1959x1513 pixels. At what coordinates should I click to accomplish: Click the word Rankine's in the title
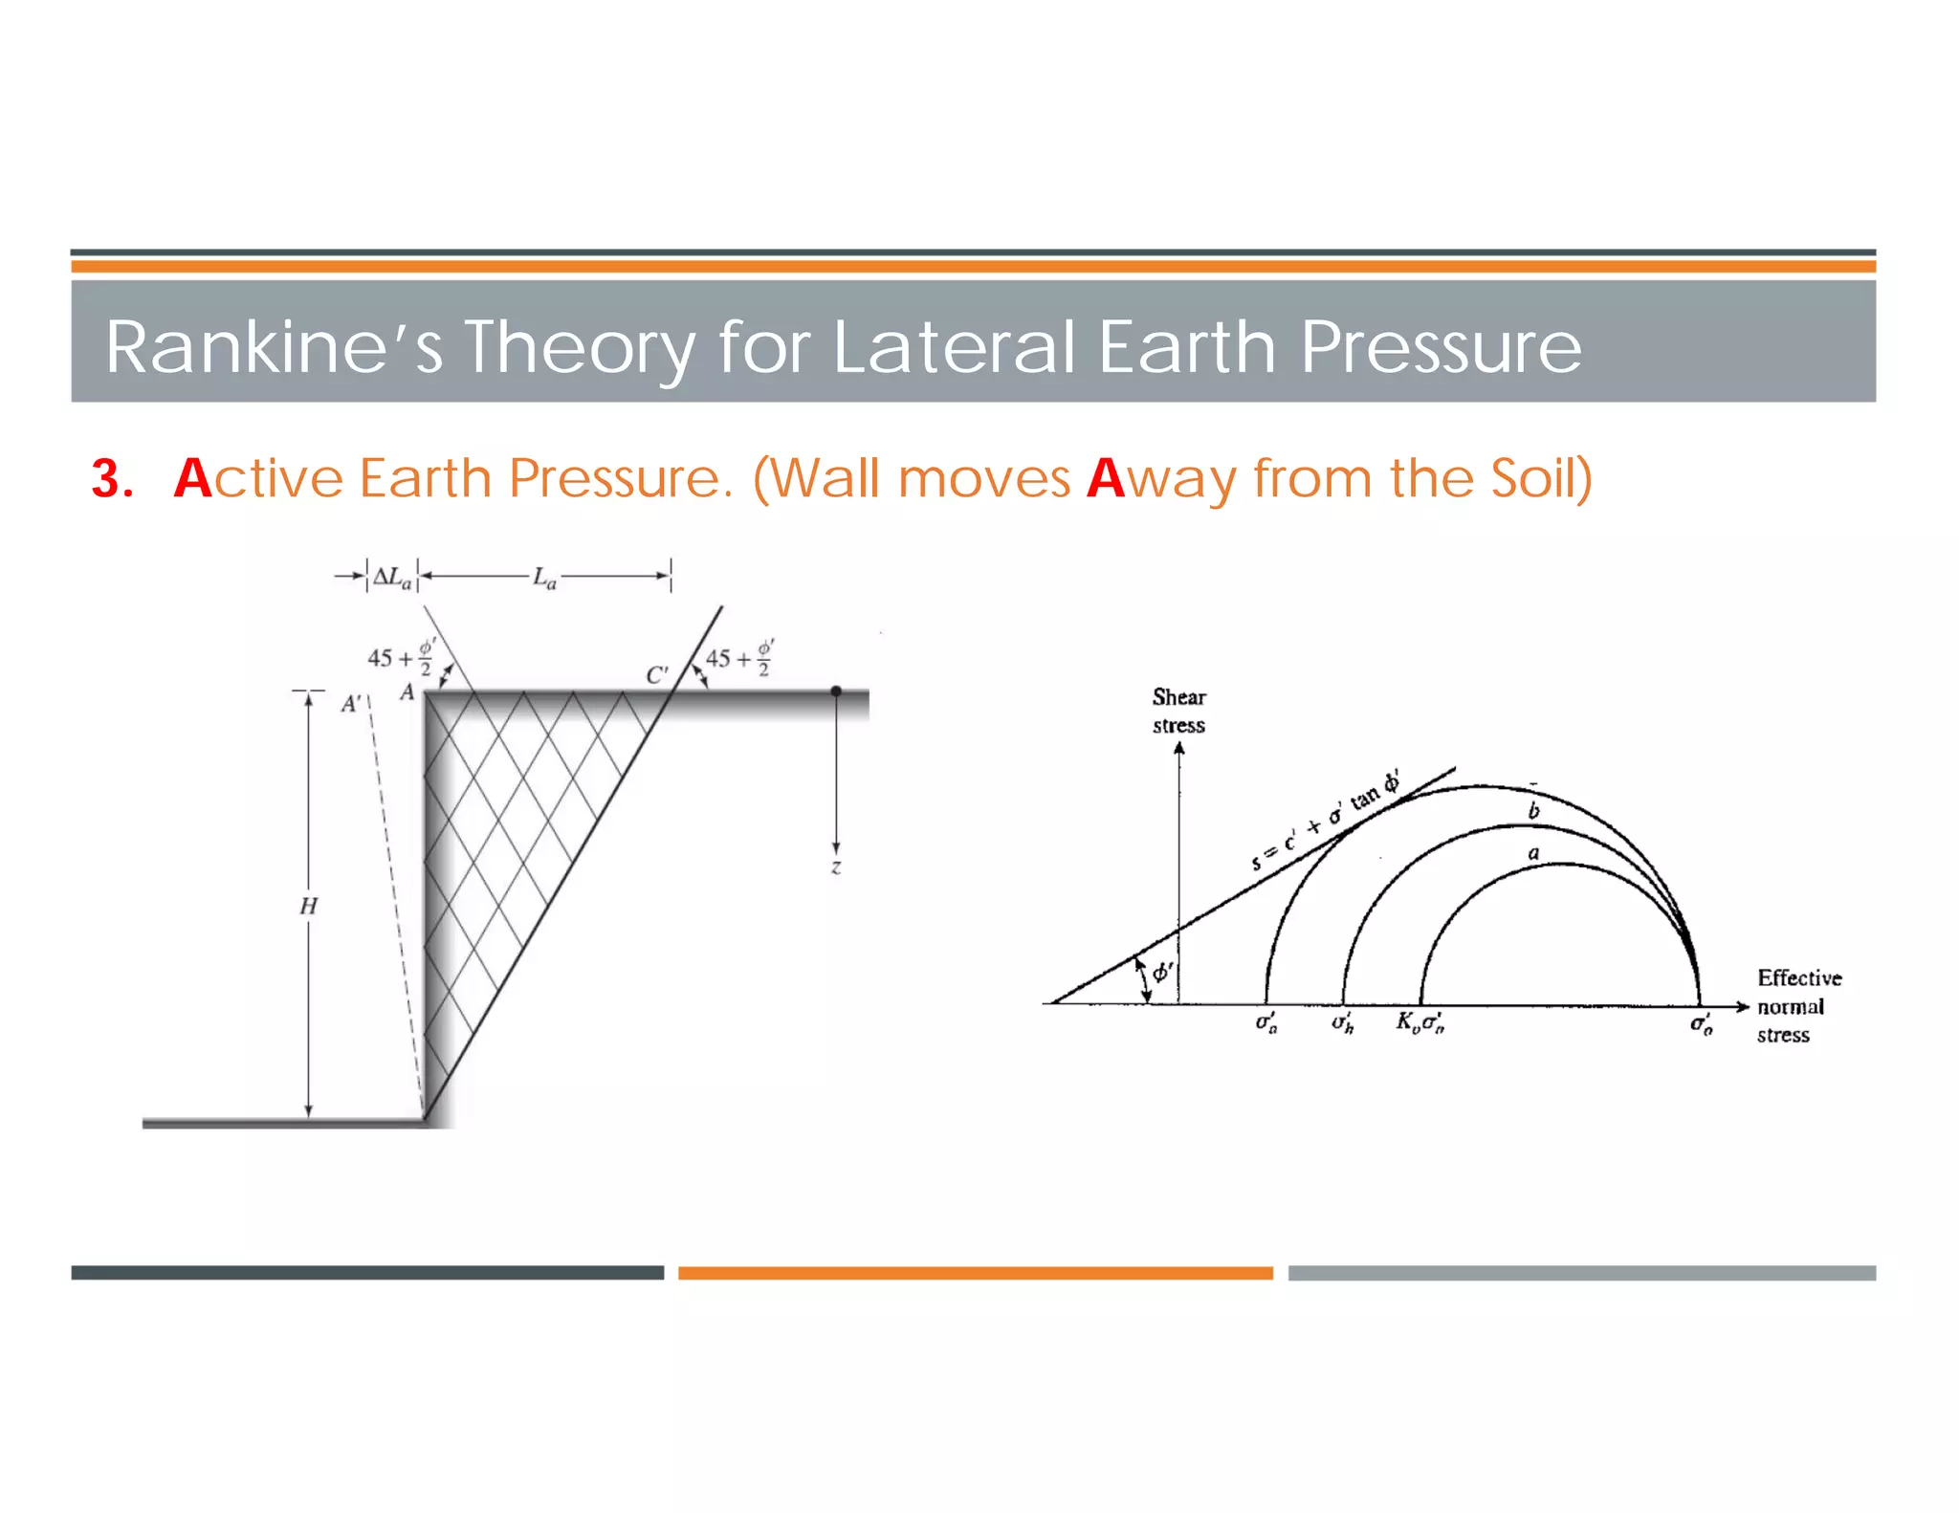pyautogui.click(x=274, y=346)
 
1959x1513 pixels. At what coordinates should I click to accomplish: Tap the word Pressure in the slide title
pyautogui.click(x=1441, y=346)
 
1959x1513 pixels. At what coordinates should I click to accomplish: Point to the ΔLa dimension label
pyautogui.click(x=392, y=578)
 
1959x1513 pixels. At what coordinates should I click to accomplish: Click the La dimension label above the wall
pyautogui.click(x=544, y=578)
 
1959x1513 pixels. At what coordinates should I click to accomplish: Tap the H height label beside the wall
pyautogui.click(x=308, y=906)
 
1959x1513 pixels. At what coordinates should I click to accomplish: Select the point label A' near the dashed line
pyautogui.click(x=351, y=705)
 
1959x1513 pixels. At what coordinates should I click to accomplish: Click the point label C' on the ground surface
pyautogui.click(x=656, y=675)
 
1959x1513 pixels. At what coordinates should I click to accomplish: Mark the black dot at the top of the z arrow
pyautogui.click(x=836, y=691)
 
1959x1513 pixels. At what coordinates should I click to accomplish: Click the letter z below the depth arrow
pyautogui.click(x=836, y=867)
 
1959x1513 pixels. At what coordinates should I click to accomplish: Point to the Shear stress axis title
pyautogui.click(x=1178, y=711)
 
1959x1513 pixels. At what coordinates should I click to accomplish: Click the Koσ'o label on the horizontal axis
pyautogui.click(x=1420, y=1023)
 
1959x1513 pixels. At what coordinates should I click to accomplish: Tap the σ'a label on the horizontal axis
pyautogui.click(x=1266, y=1023)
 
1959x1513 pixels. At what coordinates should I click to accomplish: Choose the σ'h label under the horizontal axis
pyautogui.click(x=1343, y=1023)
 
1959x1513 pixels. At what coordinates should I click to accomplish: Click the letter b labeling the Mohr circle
pyautogui.click(x=1534, y=811)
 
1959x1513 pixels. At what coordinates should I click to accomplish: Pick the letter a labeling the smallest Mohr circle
pyautogui.click(x=1534, y=853)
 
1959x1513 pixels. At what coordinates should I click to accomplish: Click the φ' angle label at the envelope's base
pyautogui.click(x=1162, y=973)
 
